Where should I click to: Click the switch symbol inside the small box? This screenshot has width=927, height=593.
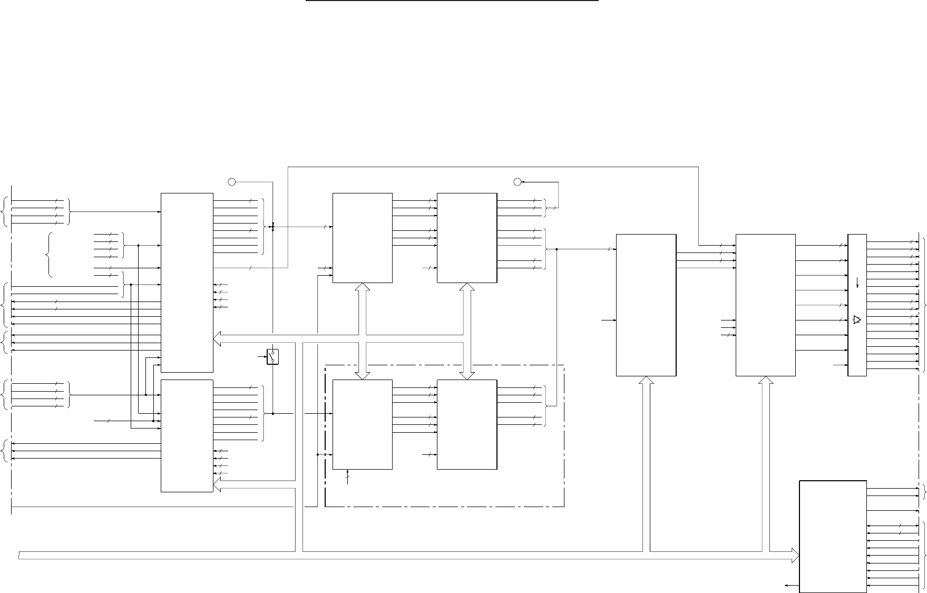272,357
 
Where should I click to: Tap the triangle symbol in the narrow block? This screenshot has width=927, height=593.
856,320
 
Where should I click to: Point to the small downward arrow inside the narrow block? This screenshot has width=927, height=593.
857,283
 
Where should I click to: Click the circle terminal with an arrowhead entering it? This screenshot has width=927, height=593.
517,182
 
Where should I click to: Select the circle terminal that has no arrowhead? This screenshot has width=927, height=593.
231,182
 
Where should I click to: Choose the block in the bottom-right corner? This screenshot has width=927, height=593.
833,536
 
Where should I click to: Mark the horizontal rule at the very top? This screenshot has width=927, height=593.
453,1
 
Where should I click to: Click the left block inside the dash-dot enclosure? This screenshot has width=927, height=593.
363,424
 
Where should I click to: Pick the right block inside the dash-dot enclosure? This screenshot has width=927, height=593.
467,424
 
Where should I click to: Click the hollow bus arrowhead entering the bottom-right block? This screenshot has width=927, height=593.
795,555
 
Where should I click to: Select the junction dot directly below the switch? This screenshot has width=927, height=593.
272,414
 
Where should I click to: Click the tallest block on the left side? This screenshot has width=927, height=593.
187,283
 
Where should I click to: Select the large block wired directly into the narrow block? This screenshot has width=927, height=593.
765,305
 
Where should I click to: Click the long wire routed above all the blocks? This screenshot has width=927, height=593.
493,167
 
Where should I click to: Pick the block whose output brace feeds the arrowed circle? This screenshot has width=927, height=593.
467,238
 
